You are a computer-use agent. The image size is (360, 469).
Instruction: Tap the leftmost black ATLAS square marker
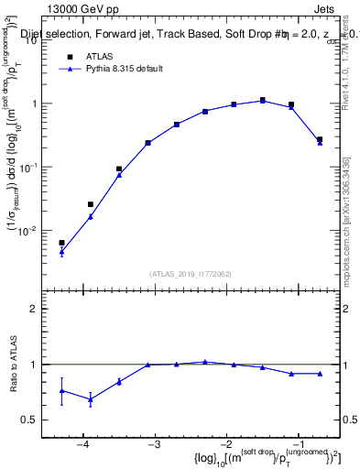(61, 243)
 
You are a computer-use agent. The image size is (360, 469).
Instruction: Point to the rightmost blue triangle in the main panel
(319, 143)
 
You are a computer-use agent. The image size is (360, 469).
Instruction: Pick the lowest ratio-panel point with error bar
(90, 399)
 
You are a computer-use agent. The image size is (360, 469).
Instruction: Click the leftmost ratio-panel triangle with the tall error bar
(61, 390)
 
